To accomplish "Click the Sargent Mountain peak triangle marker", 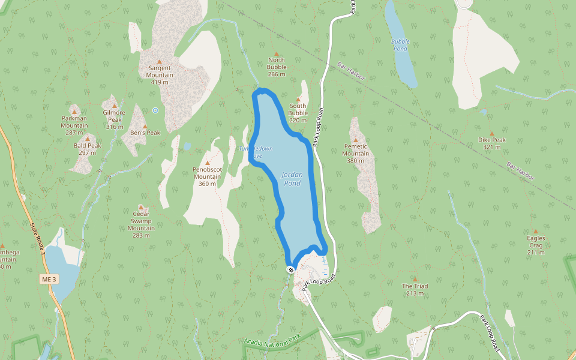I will [160, 61].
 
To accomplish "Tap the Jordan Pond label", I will [292, 179].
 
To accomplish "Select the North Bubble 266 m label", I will [277, 67].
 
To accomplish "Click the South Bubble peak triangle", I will [298, 99].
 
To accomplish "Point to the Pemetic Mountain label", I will [355, 153].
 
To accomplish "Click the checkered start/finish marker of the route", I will [290, 269].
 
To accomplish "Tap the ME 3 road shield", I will [49, 280].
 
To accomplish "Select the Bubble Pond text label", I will [400, 45].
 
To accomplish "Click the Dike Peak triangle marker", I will [492, 134].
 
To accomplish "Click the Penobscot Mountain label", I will [208, 176].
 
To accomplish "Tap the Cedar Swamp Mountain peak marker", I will [142, 207].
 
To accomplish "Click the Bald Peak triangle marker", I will [88, 139].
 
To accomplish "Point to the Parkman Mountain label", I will [74, 125].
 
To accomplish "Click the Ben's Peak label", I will [145, 133].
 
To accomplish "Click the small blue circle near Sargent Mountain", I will [155, 110].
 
